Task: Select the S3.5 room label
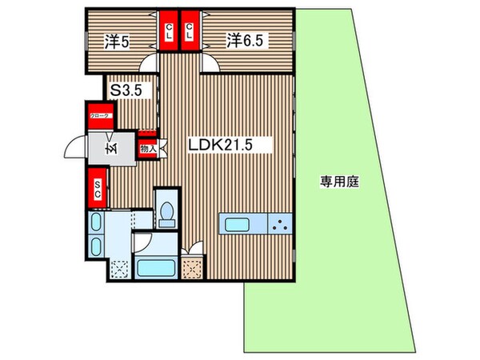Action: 126,91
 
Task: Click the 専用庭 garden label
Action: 339,182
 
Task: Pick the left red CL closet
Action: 170,33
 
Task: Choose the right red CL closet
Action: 190,33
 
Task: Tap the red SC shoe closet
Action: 98,190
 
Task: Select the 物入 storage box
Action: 146,147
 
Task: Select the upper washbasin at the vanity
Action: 95,223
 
